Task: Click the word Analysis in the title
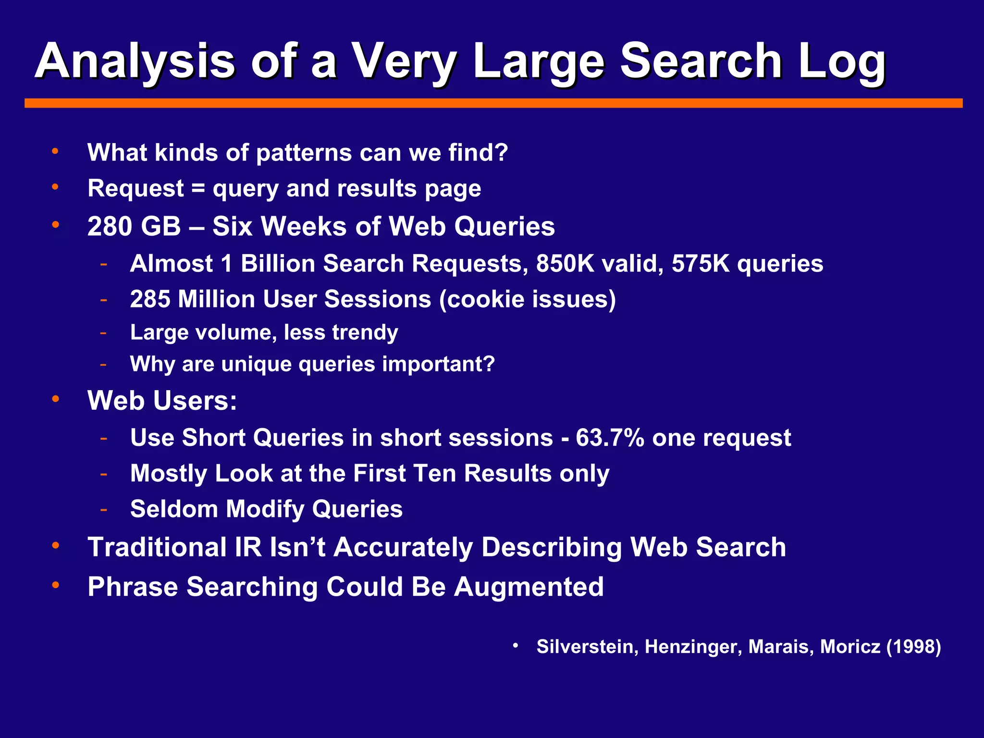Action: (135, 61)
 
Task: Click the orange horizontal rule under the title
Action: (493, 103)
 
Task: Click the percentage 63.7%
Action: (610, 437)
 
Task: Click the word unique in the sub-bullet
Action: (256, 364)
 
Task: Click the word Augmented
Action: (529, 586)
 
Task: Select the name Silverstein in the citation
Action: (587, 646)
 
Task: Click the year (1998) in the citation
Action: (913, 646)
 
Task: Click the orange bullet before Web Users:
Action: (56, 399)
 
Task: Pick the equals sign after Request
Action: (198, 188)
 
